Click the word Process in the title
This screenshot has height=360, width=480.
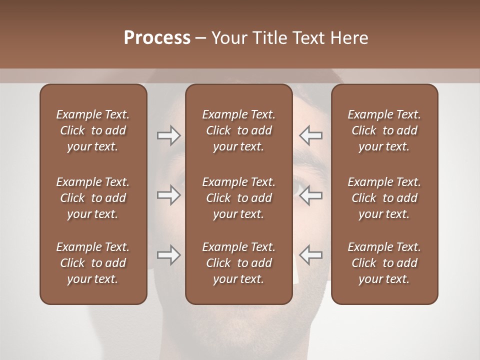pyautogui.click(x=157, y=38)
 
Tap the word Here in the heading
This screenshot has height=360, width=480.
pyautogui.click(x=349, y=38)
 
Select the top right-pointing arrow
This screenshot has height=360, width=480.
pyautogui.click(x=169, y=135)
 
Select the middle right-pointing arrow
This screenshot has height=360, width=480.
pyautogui.click(x=169, y=195)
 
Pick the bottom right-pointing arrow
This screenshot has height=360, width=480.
pyautogui.click(x=169, y=255)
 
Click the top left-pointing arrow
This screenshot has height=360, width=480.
pyautogui.click(x=310, y=135)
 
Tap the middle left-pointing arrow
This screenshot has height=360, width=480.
pyautogui.click(x=310, y=195)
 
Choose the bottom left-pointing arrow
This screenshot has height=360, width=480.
pyautogui.click(x=310, y=255)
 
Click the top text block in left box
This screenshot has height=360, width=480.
pyautogui.click(x=93, y=130)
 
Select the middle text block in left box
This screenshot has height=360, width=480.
pyautogui.click(x=93, y=198)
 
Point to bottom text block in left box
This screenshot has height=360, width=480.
pyautogui.click(x=93, y=263)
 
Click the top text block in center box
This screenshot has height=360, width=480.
pyautogui.click(x=238, y=130)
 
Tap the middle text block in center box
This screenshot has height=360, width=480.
pyautogui.click(x=238, y=198)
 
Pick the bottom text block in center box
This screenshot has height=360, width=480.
pyautogui.click(x=238, y=263)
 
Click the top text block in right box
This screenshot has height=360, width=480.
pyautogui.click(x=384, y=130)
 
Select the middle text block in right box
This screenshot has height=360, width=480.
pyautogui.click(x=384, y=198)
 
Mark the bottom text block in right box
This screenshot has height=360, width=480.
pyautogui.click(x=384, y=263)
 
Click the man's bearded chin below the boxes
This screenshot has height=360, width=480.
pyautogui.click(x=240, y=332)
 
